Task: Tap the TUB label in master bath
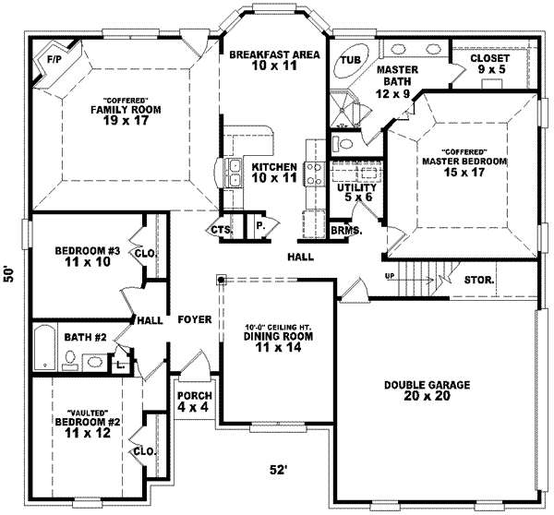(x=349, y=60)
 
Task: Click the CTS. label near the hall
(x=220, y=230)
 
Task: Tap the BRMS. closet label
(x=345, y=230)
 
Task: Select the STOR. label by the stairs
(x=478, y=280)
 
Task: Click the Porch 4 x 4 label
(x=194, y=401)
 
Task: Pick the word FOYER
(x=196, y=319)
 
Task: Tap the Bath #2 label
(x=82, y=337)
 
